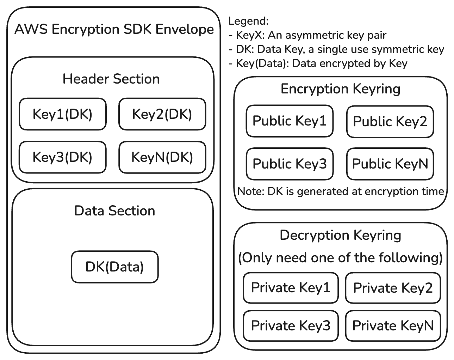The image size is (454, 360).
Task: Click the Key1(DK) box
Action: point(62,114)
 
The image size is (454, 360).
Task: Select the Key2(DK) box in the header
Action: point(162,114)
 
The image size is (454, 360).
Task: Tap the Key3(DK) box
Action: point(62,157)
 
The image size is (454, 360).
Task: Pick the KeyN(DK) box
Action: point(162,157)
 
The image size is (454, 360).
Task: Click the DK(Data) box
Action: point(114,267)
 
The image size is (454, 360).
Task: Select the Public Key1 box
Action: point(290,121)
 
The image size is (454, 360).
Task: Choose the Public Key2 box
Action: point(390,122)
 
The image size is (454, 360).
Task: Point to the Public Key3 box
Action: point(290,164)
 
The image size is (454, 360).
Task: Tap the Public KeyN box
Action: point(390,164)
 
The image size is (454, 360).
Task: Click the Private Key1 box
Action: point(291,288)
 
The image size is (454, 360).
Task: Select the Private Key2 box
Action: point(393,288)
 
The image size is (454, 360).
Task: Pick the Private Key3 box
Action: point(291,326)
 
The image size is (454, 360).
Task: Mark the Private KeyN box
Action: point(393,326)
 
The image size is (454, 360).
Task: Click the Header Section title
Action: point(111,79)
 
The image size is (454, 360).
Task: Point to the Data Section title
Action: point(114,211)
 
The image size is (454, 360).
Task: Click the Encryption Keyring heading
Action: point(340,89)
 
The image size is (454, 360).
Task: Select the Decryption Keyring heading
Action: point(340,235)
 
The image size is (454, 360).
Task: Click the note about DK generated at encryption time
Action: point(340,191)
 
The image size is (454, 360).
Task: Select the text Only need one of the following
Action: point(340,258)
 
